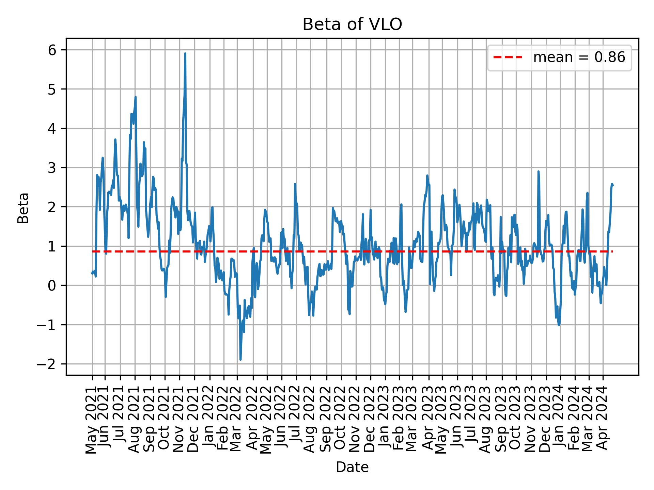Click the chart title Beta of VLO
352,24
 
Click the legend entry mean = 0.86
579,58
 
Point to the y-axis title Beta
23,208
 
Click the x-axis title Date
352,467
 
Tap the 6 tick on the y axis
51,50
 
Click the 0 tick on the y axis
51,285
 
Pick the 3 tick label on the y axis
51,168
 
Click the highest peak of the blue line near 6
185,54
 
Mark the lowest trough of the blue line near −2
240,359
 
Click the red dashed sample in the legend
508,58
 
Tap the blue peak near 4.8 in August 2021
136,97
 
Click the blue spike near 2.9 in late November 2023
539,171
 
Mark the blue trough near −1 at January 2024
559,325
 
